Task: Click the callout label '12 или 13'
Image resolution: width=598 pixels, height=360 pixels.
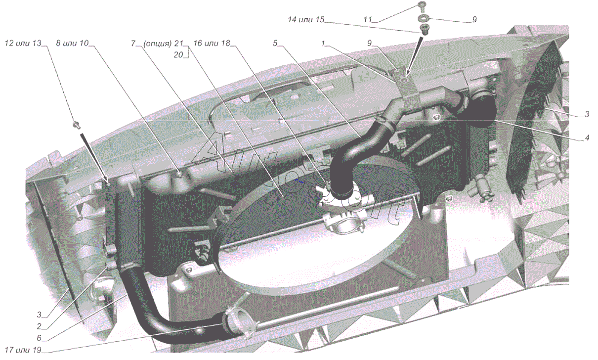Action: tap(23, 43)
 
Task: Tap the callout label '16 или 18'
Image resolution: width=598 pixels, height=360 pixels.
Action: tap(213, 43)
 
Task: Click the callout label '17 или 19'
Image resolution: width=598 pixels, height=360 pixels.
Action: tap(24, 349)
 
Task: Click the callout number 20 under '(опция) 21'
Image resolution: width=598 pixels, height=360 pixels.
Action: tap(178, 55)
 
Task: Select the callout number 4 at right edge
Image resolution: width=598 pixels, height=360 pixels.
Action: tap(587, 138)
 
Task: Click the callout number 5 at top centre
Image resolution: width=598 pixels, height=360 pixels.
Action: tap(275, 43)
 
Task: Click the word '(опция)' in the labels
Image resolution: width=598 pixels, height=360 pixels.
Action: tap(158, 43)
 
